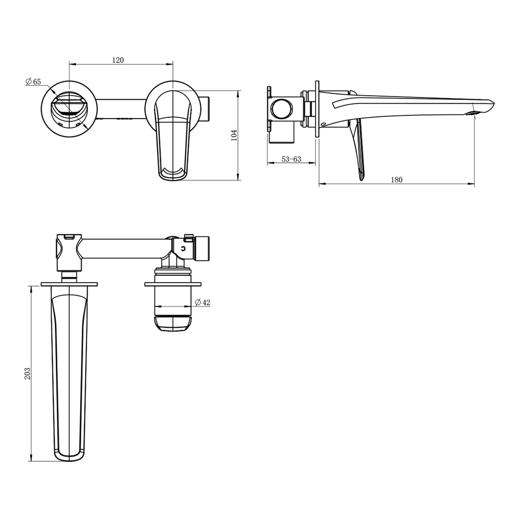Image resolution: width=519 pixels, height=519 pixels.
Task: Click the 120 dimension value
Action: click(x=118, y=60)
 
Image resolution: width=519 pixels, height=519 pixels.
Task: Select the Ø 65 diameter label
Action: click(x=33, y=82)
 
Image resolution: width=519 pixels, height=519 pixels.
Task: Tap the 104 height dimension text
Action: click(x=234, y=135)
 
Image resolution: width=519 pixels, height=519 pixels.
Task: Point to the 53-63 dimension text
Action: click(x=291, y=159)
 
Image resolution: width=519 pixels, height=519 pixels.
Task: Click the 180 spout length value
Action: click(x=396, y=180)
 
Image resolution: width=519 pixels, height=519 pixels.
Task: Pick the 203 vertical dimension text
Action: click(x=28, y=373)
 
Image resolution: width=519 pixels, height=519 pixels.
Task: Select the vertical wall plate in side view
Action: click(x=317, y=109)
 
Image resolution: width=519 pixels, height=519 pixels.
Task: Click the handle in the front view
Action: click(x=173, y=144)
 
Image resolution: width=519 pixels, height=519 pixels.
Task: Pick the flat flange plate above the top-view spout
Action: click(x=69, y=284)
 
